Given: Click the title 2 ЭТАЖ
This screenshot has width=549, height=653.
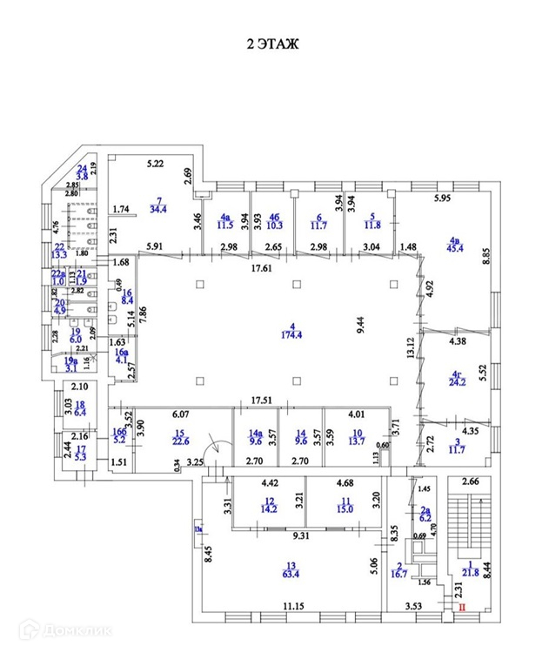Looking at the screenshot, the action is tap(275, 45).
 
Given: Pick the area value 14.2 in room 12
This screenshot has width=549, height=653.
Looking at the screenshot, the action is tap(267, 510).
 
